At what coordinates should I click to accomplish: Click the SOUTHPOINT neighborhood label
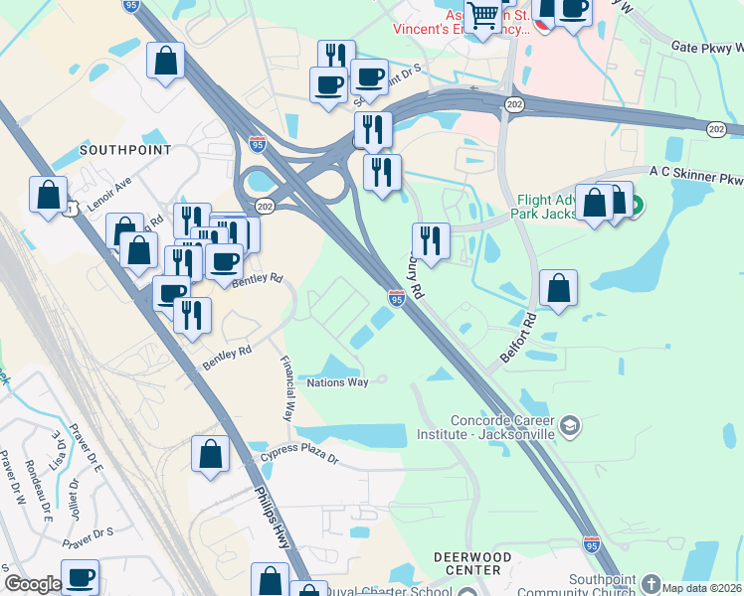125,150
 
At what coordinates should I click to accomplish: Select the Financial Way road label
289,388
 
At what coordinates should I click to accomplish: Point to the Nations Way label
337,382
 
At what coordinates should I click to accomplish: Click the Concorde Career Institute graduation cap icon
570,427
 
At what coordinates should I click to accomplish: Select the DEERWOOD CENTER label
472,563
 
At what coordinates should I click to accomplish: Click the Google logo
33,584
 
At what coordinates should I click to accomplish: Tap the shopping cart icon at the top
482,15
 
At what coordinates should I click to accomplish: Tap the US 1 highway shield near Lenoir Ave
71,209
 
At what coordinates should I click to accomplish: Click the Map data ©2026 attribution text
702,588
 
